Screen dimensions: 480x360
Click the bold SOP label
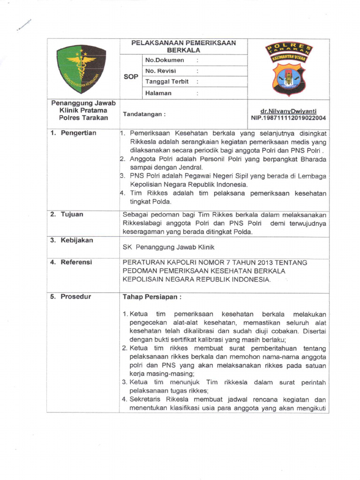click(131, 77)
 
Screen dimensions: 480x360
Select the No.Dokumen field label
click(165, 60)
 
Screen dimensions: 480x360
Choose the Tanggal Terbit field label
click(167, 82)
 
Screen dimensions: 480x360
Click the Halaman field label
click(158, 93)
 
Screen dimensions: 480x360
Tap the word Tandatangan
click(144, 114)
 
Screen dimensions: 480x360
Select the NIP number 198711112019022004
click(289, 118)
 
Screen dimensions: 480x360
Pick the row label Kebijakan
click(76, 240)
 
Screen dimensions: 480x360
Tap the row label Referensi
click(76, 262)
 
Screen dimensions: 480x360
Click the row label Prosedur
click(75, 297)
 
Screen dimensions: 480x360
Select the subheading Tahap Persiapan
click(152, 297)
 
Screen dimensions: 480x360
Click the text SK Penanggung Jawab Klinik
click(168, 247)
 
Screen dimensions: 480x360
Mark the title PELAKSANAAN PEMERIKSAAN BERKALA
click(183, 46)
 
